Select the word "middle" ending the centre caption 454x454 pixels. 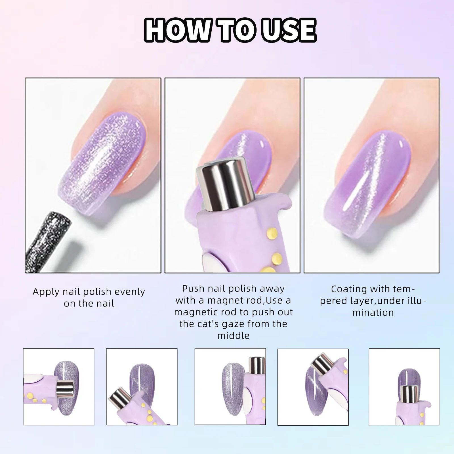(233, 336)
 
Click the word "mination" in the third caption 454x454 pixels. (373, 313)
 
